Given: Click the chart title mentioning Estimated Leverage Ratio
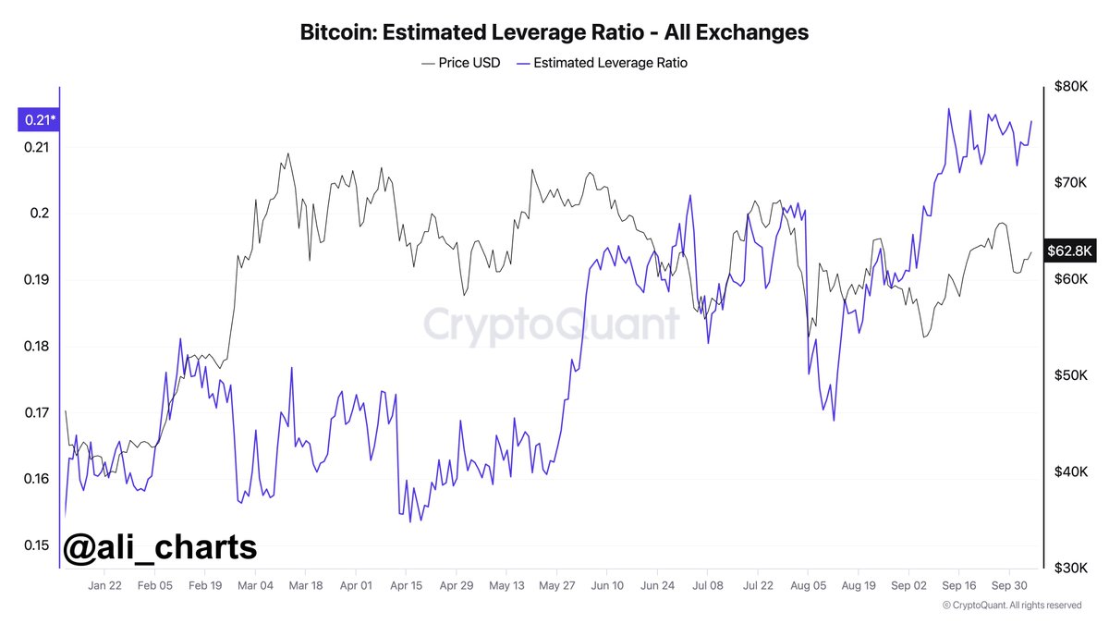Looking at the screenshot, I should (554, 32).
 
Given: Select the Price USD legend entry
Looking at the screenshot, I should (460, 63).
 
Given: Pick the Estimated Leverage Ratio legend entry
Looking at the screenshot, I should (603, 63).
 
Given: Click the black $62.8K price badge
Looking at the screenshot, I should (1070, 251).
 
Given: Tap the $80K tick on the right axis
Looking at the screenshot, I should (1074, 87).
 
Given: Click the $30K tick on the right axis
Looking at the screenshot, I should (1074, 567).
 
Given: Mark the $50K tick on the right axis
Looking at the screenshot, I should (1074, 375).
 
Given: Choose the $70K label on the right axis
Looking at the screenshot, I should (1074, 183).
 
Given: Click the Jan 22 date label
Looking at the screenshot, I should (104, 585).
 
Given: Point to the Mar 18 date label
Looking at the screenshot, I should (305, 585).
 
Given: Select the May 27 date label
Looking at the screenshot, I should (556, 585).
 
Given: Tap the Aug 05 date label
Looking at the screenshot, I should (808, 585).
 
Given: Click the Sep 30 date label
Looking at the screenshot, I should (1009, 585).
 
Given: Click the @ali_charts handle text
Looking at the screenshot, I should (159, 547).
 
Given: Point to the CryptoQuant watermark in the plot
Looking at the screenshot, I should (551, 324).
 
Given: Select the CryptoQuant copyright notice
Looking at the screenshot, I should (1012, 606).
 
